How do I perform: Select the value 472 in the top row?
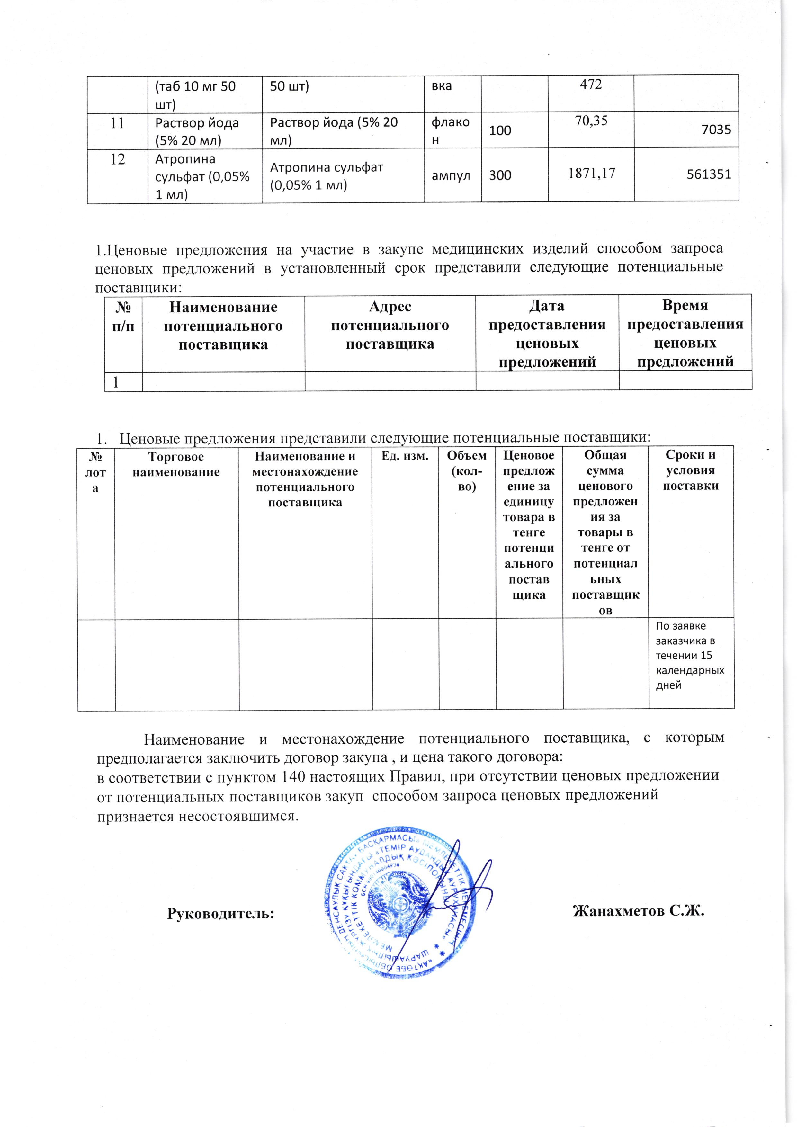[x=591, y=85]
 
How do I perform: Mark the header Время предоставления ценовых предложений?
[x=685, y=334]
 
